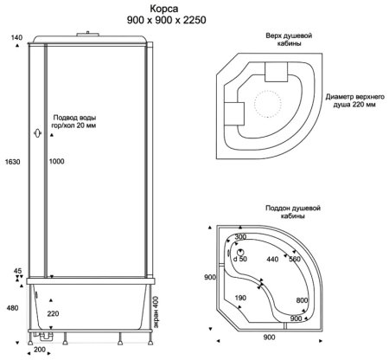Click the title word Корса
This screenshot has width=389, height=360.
coord(163,9)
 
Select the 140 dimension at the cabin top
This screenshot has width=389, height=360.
coord(16,37)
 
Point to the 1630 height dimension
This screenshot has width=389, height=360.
coord(13,162)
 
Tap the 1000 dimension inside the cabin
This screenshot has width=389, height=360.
coord(56,161)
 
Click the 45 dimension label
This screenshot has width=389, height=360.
coord(17,271)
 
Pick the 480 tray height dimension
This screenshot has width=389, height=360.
coord(12,308)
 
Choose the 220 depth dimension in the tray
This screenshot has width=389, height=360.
coord(53,313)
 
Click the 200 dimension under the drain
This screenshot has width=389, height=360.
coord(40,350)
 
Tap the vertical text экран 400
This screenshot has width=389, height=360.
coord(156,312)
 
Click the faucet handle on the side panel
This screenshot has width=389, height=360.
coord(37,133)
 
